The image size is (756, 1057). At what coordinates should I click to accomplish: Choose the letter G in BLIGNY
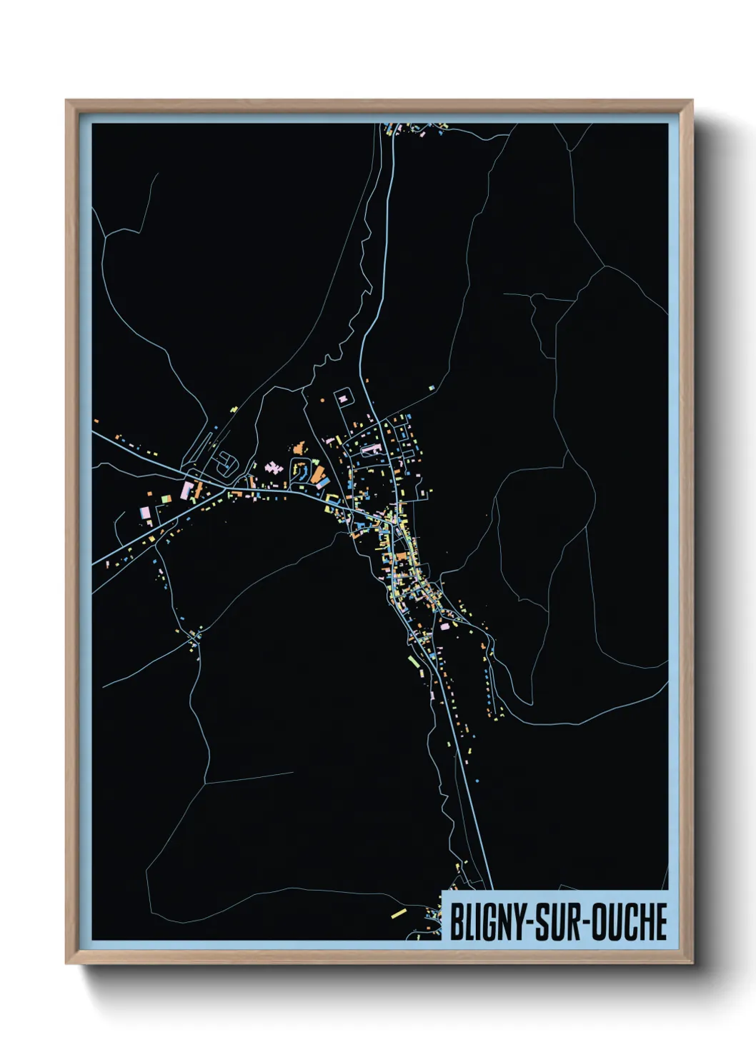[x=489, y=922]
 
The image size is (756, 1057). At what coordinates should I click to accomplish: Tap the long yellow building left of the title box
[x=398, y=912]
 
